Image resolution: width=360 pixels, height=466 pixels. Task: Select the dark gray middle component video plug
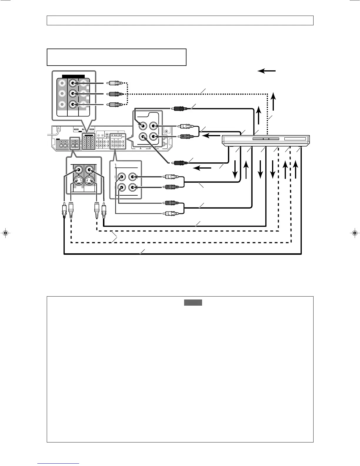(115, 94)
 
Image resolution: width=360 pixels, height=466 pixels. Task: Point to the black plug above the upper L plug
(179, 109)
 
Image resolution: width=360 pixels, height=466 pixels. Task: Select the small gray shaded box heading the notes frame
(193, 302)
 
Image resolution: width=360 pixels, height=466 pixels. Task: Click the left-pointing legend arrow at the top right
(266, 71)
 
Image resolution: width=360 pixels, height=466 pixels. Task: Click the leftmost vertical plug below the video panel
(64, 210)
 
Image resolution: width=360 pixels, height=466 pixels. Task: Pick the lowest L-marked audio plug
(171, 213)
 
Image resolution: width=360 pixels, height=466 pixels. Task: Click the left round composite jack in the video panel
(78, 170)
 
